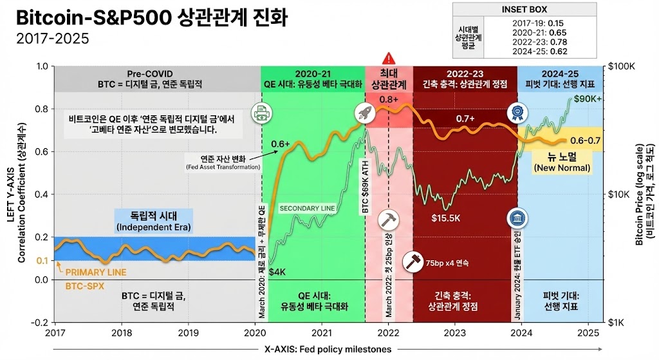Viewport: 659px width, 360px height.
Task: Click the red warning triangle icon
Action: point(388,58)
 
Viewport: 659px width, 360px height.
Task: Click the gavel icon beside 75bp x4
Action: point(411,262)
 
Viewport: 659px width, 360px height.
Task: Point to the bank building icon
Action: point(517,218)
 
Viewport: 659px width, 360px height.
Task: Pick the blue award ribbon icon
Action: point(517,113)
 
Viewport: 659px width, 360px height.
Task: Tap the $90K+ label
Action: point(588,99)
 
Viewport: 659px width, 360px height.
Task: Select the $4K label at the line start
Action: point(277,272)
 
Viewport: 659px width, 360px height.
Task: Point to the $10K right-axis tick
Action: point(619,194)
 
